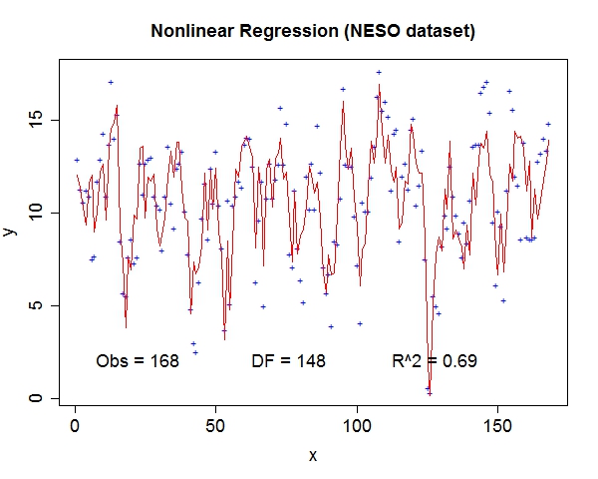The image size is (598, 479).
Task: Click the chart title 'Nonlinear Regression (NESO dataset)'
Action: (x=313, y=32)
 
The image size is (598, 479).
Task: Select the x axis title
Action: (x=313, y=455)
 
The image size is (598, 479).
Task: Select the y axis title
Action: (x=9, y=232)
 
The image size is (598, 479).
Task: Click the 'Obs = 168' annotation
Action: (x=138, y=361)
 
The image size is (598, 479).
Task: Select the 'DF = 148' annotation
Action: (x=288, y=361)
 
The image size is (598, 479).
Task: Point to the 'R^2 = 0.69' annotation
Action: (x=435, y=361)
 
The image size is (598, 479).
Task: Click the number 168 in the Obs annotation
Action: (x=163, y=361)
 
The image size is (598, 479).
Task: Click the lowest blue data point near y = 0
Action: (x=430, y=393)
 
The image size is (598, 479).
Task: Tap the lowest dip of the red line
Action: (x=429, y=388)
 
